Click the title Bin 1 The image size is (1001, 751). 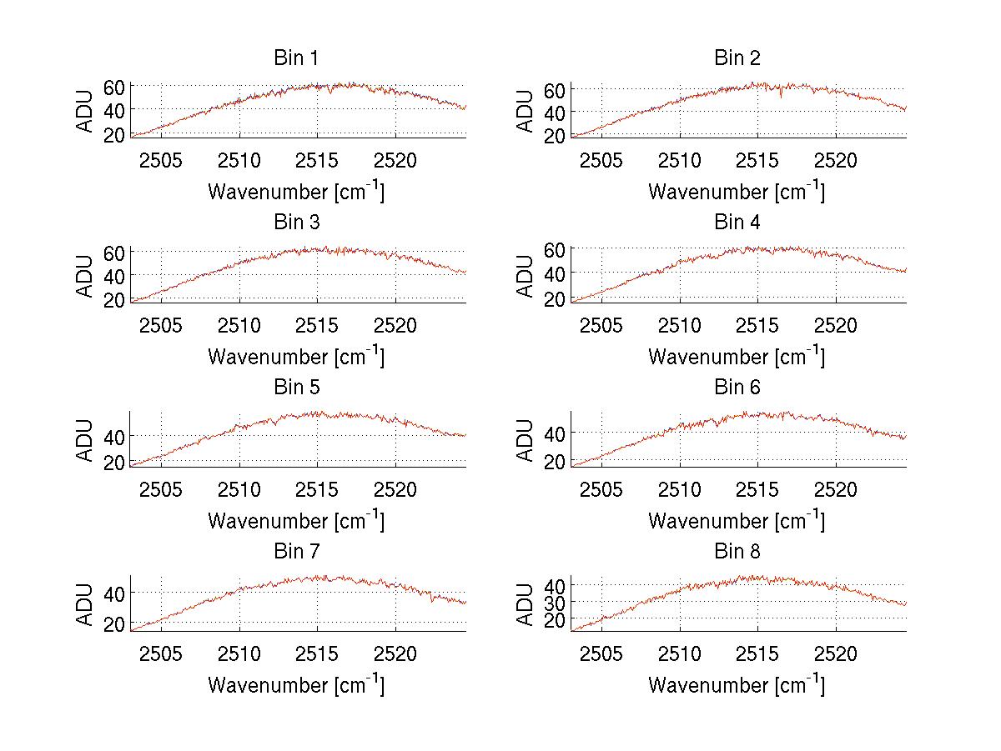click(296, 58)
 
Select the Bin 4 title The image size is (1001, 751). click(737, 223)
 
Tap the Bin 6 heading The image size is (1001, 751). click(737, 388)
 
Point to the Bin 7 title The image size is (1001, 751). click(296, 552)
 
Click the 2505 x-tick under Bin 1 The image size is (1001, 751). click(161, 160)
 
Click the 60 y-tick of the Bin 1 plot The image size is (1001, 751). click(114, 86)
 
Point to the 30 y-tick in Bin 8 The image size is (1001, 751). click(555, 602)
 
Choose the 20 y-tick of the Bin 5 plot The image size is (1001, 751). click(114, 461)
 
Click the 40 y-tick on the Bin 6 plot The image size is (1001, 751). click(555, 433)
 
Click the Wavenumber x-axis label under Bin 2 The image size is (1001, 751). click(736, 192)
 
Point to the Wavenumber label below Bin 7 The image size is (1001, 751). click(296, 685)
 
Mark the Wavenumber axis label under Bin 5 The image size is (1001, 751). click(296, 521)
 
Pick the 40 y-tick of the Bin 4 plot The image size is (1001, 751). click(555, 273)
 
